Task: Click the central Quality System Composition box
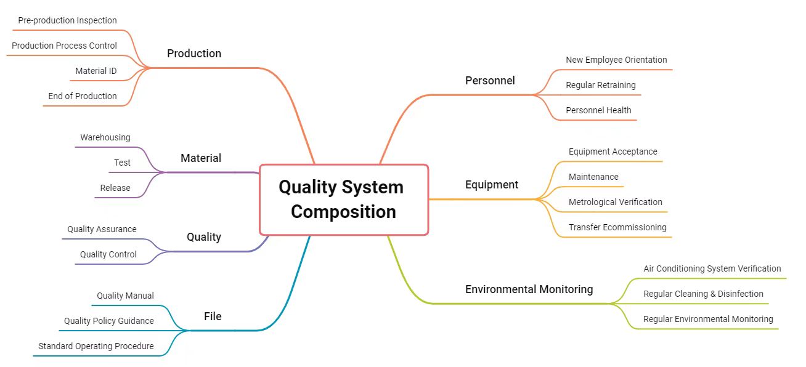click(344, 200)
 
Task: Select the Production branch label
click(194, 54)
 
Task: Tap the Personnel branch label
click(490, 81)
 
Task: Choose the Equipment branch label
click(492, 185)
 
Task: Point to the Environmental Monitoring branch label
click(529, 289)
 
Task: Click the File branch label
click(213, 317)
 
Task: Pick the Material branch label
click(201, 158)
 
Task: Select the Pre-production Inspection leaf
click(67, 20)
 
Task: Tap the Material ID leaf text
click(96, 71)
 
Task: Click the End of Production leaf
click(83, 96)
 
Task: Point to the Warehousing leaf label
click(105, 137)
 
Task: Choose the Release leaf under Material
click(115, 188)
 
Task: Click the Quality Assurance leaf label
click(102, 229)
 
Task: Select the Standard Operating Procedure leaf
click(96, 346)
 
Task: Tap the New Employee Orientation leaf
click(616, 60)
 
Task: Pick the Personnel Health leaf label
click(598, 110)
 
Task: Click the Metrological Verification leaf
click(616, 202)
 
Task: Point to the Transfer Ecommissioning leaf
click(617, 227)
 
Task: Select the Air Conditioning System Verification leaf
click(712, 268)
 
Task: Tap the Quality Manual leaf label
click(125, 296)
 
